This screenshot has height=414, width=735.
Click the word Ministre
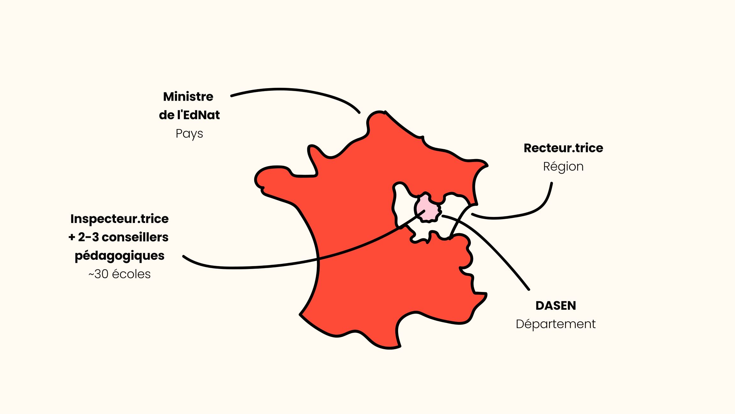(x=188, y=96)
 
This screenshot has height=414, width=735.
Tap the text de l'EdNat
(x=189, y=115)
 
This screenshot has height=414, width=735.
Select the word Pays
(x=189, y=134)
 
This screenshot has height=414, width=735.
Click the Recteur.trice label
(x=563, y=148)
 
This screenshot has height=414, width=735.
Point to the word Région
(x=563, y=166)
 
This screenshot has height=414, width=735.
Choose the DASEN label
(x=556, y=306)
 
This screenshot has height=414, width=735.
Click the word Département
(x=555, y=324)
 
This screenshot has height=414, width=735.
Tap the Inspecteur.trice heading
(x=119, y=219)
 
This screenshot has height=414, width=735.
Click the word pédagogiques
(x=119, y=256)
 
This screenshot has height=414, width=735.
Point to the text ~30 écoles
(x=119, y=274)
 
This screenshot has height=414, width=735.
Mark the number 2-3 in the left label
(x=88, y=237)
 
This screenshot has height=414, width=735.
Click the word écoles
(x=131, y=274)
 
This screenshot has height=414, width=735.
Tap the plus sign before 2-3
(x=72, y=237)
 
